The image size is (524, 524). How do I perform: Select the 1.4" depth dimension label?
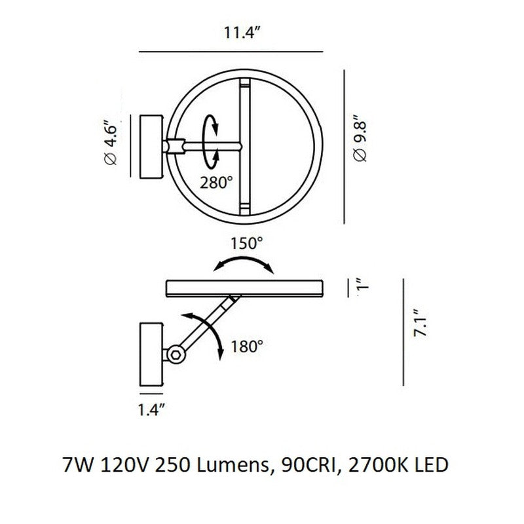pos(151,411)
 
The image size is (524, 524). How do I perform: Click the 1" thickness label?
pos(359,286)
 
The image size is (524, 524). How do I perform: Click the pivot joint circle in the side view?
pos(175,355)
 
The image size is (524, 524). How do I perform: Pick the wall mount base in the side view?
pos(151,354)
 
